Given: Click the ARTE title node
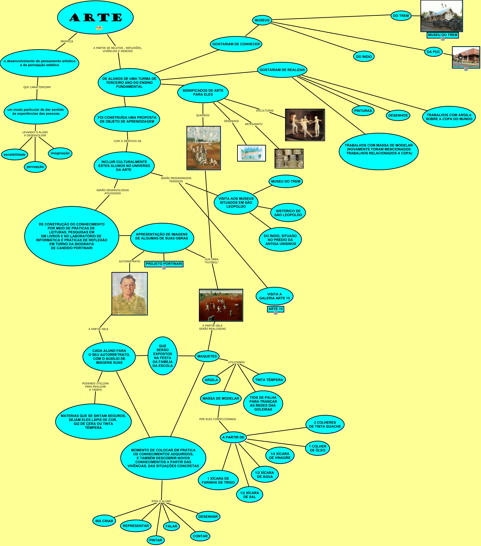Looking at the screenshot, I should (x=95, y=18).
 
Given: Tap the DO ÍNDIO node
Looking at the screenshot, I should (x=364, y=57).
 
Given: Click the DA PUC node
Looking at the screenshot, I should (x=433, y=52).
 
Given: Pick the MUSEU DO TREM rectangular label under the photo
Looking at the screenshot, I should (x=442, y=35).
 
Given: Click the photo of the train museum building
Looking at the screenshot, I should (x=441, y=16).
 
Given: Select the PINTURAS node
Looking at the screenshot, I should (x=363, y=111).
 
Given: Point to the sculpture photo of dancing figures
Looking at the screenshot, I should (x=305, y=125).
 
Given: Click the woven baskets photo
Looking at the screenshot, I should (x=289, y=158).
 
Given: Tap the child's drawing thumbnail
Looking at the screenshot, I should (x=251, y=153).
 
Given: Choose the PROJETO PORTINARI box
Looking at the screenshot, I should (x=164, y=264).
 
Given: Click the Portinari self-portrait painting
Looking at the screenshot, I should (x=130, y=294).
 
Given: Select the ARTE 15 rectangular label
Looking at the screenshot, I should (x=275, y=309).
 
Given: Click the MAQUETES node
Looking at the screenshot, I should (x=207, y=356).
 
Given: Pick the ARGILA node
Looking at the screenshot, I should (x=211, y=380).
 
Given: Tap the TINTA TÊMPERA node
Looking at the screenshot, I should (x=269, y=380).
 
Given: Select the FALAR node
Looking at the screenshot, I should (x=171, y=526).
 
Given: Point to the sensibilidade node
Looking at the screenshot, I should (x=15, y=155).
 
